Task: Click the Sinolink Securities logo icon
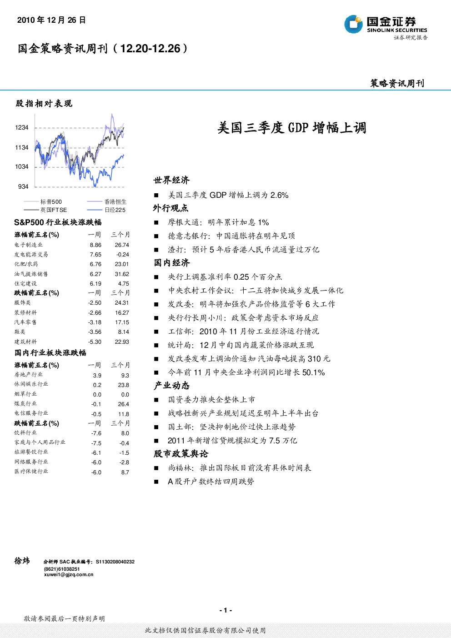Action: pyautogui.click(x=353, y=24)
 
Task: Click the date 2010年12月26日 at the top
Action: pyautogui.click(x=51, y=20)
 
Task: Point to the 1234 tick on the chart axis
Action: pyautogui.click(x=22, y=128)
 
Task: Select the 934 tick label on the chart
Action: pyautogui.click(x=23, y=186)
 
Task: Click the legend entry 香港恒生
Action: pyautogui.click(x=115, y=201)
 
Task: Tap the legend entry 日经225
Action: pyautogui.click(x=115, y=210)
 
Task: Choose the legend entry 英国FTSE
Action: pyautogui.click(x=54, y=210)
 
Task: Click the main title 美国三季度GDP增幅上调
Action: pyautogui.click(x=291, y=128)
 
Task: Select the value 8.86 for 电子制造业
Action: pyautogui.click(x=95, y=245)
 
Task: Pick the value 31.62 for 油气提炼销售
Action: pyautogui.click(x=122, y=274)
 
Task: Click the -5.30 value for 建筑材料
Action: pyautogui.click(x=95, y=342)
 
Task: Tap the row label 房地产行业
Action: pyautogui.click(x=29, y=375)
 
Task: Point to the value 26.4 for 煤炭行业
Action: pyautogui.click(x=124, y=404)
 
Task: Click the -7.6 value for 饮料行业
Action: pyautogui.click(x=96, y=433)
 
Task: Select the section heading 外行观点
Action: pyautogui.click(x=170, y=208)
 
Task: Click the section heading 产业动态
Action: pyautogui.click(x=171, y=386)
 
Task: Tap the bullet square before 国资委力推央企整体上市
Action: pyautogui.click(x=156, y=400)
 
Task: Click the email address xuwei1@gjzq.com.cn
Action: pyautogui.click(x=69, y=575)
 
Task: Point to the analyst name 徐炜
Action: pyautogui.click(x=22, y=561)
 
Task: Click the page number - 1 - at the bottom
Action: pyautogui.click(x=225, y=610)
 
